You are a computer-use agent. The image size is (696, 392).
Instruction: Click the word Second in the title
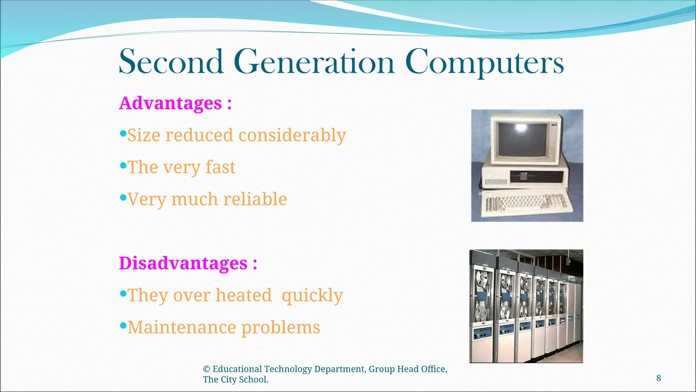[171, 62]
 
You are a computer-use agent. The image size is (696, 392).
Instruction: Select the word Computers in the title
[484, 63]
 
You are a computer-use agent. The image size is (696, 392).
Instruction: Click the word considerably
[292, 135]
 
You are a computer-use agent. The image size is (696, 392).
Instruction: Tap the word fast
[220, 167]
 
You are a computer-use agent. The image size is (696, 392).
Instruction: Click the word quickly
[312, 295]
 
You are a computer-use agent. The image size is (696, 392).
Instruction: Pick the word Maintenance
[181, 327]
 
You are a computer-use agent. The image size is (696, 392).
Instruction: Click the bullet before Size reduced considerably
[123, 133]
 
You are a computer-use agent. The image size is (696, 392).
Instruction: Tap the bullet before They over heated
[123, 293]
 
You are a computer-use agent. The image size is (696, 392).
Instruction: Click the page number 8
[658, 378]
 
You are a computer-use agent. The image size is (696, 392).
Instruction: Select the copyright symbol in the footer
[206, 369]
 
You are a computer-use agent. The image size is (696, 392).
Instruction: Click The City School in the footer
[236, 380]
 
